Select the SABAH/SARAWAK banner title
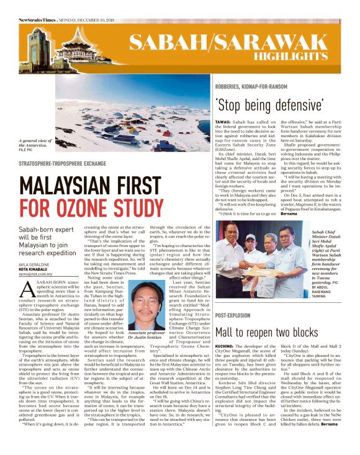(x=234, y=42)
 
